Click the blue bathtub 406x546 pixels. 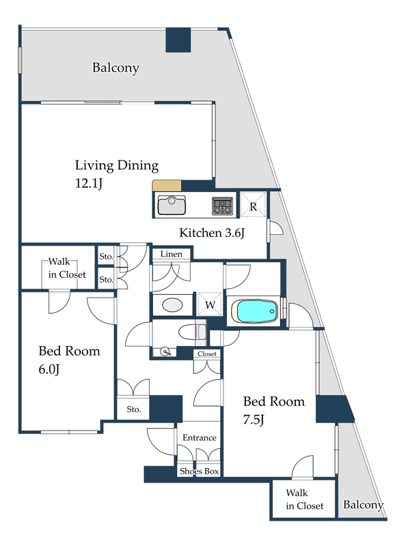(x=257, y=311)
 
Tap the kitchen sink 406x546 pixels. (x=172, y=205)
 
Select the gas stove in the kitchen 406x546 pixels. (x=223, y=206)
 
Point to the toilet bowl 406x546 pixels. (x=192, y=332)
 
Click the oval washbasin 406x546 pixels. (x=172, y=305)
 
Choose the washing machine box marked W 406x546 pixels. (x=210, y=304)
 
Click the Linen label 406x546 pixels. (x=172, y=254)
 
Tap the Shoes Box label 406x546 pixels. (x=199, y=471)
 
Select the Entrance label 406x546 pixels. (x=200, y=437)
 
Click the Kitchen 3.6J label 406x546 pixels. (x=212, y=233)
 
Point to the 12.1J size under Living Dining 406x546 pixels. (x=89, y=183)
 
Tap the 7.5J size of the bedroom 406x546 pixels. (x=254, y=420)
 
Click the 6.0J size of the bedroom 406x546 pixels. (x=49, y=369)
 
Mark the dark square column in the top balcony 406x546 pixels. (x=178, y=40)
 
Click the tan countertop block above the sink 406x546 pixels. (x=167, y=186)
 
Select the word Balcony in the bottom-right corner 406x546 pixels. (x=363, y=504)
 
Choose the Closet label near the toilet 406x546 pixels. (x=207, y=354)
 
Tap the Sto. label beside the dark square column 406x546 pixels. (x=133, y=409)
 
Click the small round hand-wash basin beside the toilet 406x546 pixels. (x=165, y=352)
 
